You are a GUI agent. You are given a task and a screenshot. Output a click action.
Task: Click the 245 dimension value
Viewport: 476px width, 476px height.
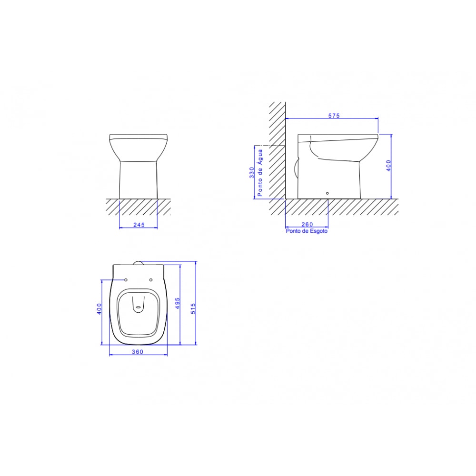[x=138, y=224]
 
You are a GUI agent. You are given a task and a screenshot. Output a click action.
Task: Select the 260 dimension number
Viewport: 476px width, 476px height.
[x=307, y=224]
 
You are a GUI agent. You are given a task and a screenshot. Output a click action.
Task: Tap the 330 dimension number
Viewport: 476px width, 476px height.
[x=252, y=173]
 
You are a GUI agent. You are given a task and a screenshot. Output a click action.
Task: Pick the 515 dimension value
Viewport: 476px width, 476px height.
[x=193, y=308]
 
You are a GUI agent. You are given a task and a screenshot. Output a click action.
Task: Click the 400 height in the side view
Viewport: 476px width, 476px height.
[x=388, y=166]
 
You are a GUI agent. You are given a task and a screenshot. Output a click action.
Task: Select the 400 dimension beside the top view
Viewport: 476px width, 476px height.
[x=99, y=309]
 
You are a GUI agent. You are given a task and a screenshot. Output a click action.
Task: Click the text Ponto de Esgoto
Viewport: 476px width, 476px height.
[x=307, y=231]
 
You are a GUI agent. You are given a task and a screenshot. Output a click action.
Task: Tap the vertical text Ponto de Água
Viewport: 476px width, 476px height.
[x=260, y=173]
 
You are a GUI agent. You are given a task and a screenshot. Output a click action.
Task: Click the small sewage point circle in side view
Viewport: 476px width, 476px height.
[x=327, y=193]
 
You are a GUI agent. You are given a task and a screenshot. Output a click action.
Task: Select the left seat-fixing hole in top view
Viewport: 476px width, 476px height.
[x=126, y=279]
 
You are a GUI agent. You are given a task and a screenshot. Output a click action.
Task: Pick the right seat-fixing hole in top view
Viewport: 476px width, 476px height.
[x=150, y=279]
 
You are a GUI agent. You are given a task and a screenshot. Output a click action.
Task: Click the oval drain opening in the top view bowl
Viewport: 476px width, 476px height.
[x=138, y=308]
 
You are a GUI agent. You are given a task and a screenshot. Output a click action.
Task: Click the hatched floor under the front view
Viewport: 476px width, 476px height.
[x=138, y=207]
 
